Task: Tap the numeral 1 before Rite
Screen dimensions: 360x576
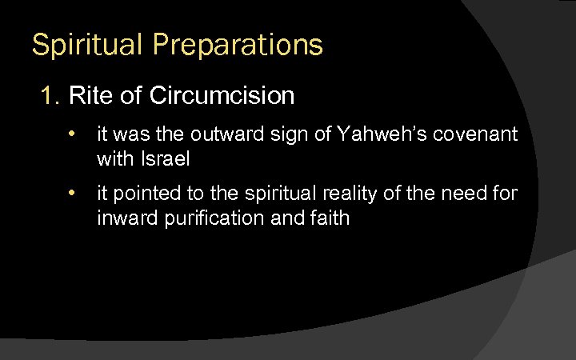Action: pos(49,97)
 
